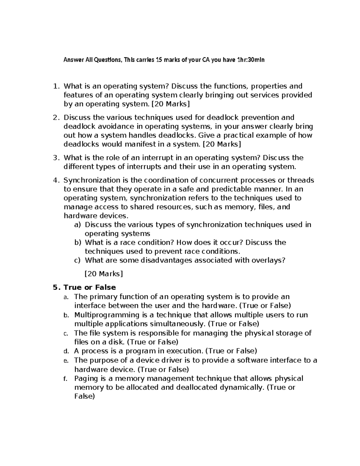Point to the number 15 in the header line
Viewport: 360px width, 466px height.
(x=158, y=60)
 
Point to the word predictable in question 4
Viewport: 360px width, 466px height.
(x=231, y=189)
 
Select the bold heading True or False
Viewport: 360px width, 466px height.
(x=90, y=287)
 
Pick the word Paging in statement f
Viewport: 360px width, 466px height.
(x=86, y=378)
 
